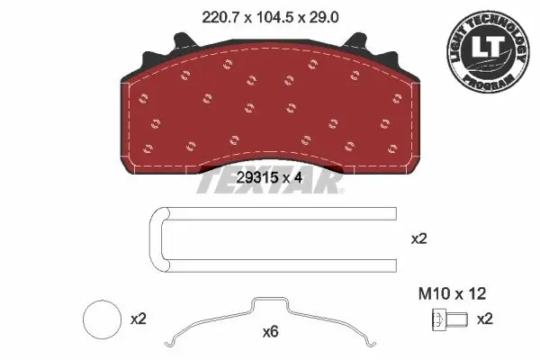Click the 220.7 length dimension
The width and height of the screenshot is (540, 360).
[220, 17]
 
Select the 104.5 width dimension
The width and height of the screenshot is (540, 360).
[274, 17]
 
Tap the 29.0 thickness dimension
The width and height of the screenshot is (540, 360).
[324, 17]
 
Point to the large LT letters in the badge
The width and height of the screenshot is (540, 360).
[487, 46]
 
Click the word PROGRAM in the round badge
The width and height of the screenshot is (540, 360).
[489, 82]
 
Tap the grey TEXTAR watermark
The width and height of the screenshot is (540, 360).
[270, 180]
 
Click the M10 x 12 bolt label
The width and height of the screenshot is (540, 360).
[452, 293]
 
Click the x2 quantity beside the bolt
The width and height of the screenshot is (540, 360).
[485, 319]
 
